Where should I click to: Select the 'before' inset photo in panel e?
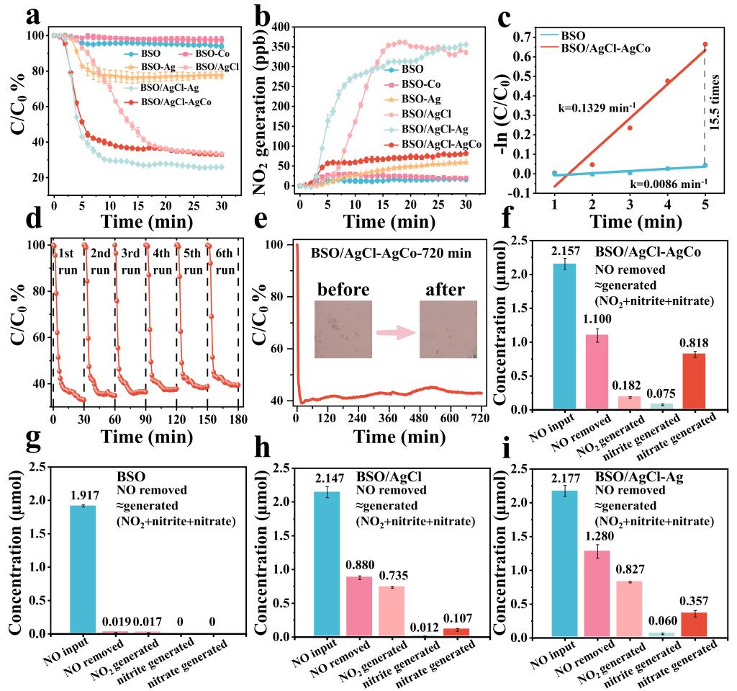343,329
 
